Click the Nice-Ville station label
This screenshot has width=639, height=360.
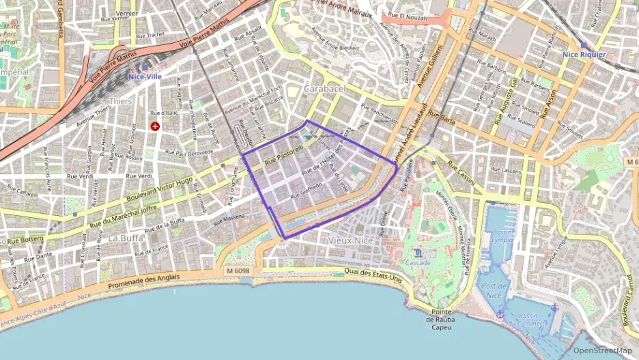pyautogui.click(x=145, y=77)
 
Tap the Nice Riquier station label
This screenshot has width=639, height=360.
pyautogui.click(x=584, y=54)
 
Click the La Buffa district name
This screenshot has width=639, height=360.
pyautogui.click(x=125, y=238)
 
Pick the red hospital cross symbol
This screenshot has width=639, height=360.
pyautogui.click(x=156, y=126)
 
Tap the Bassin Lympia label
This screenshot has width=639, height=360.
pyautogui.click(x=502, y=236)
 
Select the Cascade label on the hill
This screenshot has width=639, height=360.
pyautogui.click(x=418, y=262)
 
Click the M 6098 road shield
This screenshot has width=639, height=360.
pyautogui.click(x=237, y=271)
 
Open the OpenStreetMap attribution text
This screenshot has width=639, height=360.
pyautogui.click(x=602, y=350)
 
